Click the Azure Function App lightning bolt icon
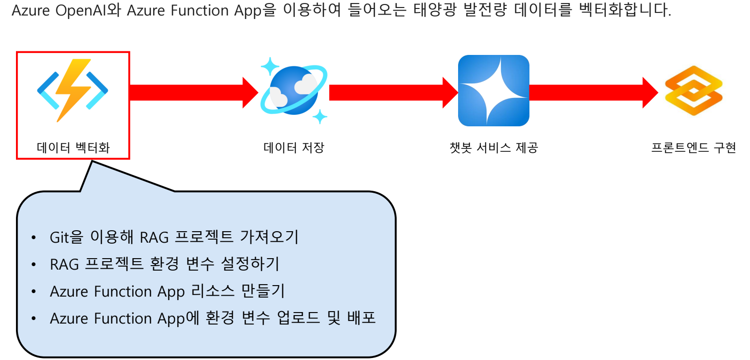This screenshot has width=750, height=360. [x=73, y=90]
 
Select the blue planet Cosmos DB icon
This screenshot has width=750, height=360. [x=294, y=90]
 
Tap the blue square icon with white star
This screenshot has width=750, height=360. [x=493, y=90]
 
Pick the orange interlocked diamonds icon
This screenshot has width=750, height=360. [x=694, y=90]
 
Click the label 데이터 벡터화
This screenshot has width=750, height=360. [x=73, y=148]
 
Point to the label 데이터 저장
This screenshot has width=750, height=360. [x=294, y=148]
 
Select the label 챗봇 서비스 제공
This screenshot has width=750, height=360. [x=494, y=148]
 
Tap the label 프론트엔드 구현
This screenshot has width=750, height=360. [x=694, y=148]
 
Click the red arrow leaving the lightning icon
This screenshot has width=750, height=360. [x=193, y=92]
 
